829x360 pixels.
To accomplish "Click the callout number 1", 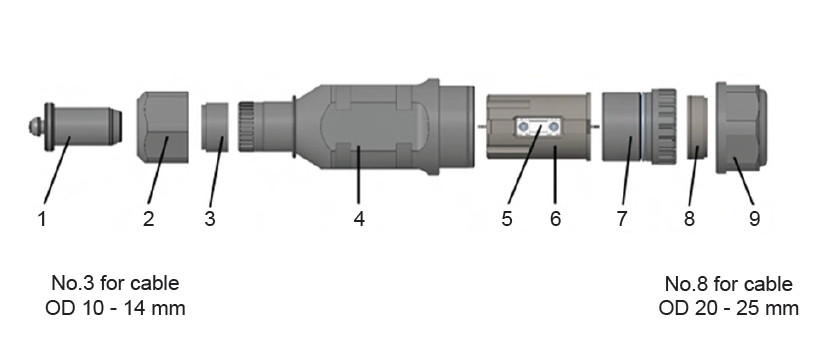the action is pos(42,218).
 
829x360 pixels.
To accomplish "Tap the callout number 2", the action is pos(149,218).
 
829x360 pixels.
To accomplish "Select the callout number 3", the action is pos(210,218).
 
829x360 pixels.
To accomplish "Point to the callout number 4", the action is pos(360,218).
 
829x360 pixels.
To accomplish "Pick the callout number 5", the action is pos(506,218).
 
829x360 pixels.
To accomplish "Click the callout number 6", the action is pos(555,218).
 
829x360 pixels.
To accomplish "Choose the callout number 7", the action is pos(622,218).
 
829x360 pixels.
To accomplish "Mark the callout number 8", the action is pos(689,218).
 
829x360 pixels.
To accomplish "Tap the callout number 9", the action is pos(754,218).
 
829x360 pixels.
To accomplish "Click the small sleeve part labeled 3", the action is pos(215,127).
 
